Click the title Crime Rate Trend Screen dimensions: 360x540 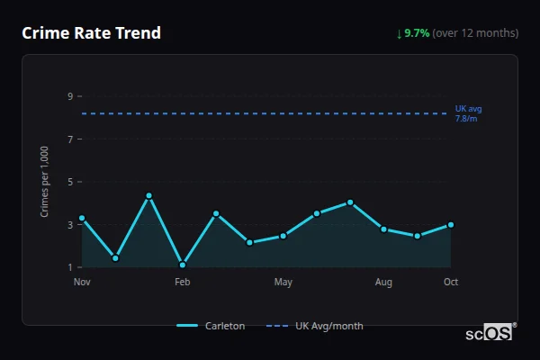click(91, 33)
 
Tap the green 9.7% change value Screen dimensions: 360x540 click(417, 33)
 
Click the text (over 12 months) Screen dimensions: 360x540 click(475, 33)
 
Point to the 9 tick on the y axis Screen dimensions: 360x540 click(70, 96)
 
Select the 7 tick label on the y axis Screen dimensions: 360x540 click(70, 139)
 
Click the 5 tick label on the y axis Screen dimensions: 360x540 click(70, 182)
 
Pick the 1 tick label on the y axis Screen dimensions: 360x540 click(70, 267)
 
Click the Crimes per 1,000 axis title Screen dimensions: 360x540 click(45, 182)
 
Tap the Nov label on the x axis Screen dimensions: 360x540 click(82, 283)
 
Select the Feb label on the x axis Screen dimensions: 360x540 click(183, 283)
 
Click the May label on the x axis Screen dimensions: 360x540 click(283, 283)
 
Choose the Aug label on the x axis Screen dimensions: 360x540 click(383, 283)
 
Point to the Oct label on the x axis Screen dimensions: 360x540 click(451, 283)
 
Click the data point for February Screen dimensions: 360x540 click(183, 265)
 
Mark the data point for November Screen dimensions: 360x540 click(82, 218)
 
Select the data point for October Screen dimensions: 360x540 click(451, 225)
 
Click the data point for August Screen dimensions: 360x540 click(383, 229)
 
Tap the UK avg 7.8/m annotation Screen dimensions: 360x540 click(468, 113)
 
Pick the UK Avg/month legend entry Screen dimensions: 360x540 click(317, 326)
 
